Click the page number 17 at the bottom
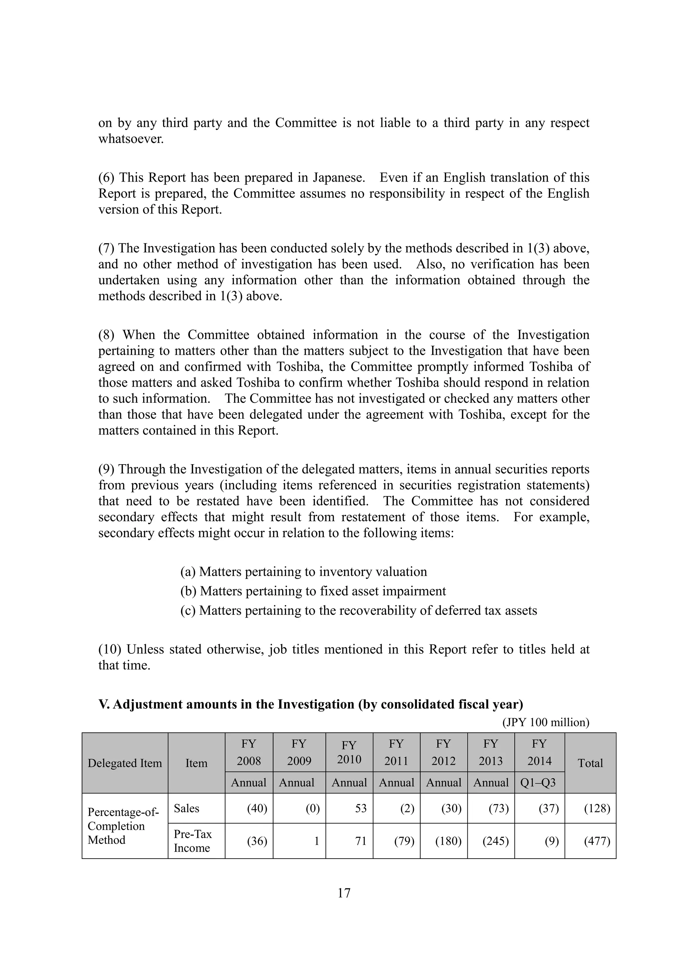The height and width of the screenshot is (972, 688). click(x=344, y=893)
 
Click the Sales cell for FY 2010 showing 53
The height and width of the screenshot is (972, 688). click(x=360, y=808)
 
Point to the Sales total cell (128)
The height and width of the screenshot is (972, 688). click(x=597, y=808)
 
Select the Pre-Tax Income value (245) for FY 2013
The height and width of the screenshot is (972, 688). click(x=495, y=841)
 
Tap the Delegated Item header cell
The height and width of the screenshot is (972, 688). click(x=125, y=763)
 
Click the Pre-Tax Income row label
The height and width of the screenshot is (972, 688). click(x=192, y=841)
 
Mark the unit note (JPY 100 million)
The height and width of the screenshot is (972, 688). click(x=546, y=722)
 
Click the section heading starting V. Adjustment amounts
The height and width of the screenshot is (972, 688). click(x=310, y=704)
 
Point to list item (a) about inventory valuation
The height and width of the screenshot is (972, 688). click(x=303, y=572)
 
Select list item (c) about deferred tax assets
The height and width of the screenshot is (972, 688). click(x=358, y=611)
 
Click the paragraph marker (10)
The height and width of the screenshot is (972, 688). click(x=110, y=649)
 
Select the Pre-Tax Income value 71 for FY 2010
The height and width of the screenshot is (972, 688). click(x=360, y=841)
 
